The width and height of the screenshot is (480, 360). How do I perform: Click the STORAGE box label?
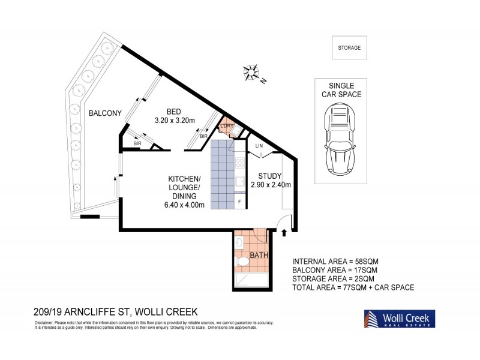coord(349,48)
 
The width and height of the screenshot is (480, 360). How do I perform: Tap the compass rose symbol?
coord(251,71)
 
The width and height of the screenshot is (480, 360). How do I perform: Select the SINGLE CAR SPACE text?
coord(341,90)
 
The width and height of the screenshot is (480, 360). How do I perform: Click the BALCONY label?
coord(105,113)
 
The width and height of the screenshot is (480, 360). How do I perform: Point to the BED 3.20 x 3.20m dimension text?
coord(173,116)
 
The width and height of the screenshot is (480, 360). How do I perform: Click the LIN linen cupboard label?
coord(259,146)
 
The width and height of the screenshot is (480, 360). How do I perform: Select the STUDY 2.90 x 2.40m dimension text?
coord(274,180)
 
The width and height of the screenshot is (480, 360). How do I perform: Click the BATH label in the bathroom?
coord(258,256)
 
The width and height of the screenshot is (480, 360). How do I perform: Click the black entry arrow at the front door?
coord(284,233)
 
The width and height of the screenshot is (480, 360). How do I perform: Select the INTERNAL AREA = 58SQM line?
coord(335,262)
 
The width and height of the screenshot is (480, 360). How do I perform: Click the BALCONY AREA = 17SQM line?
coord(335,270)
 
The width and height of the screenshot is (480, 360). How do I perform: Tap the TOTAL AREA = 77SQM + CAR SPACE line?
coord(353,287)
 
